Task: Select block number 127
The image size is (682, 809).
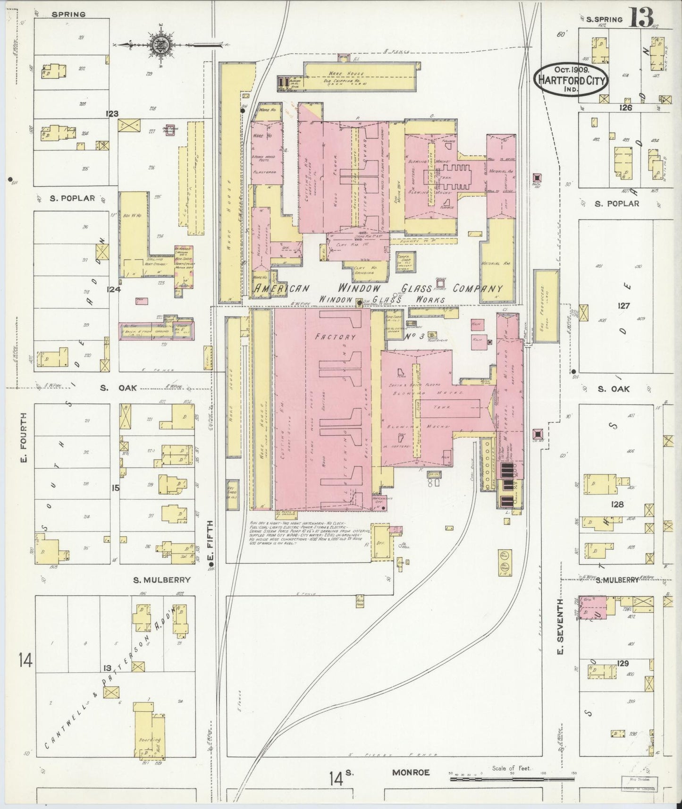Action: (x=624, y=306)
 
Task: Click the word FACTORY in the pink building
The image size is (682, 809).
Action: (x=336, y=337)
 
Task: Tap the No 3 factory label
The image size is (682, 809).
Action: (x=415, y=337)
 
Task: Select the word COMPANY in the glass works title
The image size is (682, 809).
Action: (x=478, y=288)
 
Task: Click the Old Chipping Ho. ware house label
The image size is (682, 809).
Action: (x=347, y=81)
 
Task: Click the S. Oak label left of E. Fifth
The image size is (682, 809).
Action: (x=118, y=388)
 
